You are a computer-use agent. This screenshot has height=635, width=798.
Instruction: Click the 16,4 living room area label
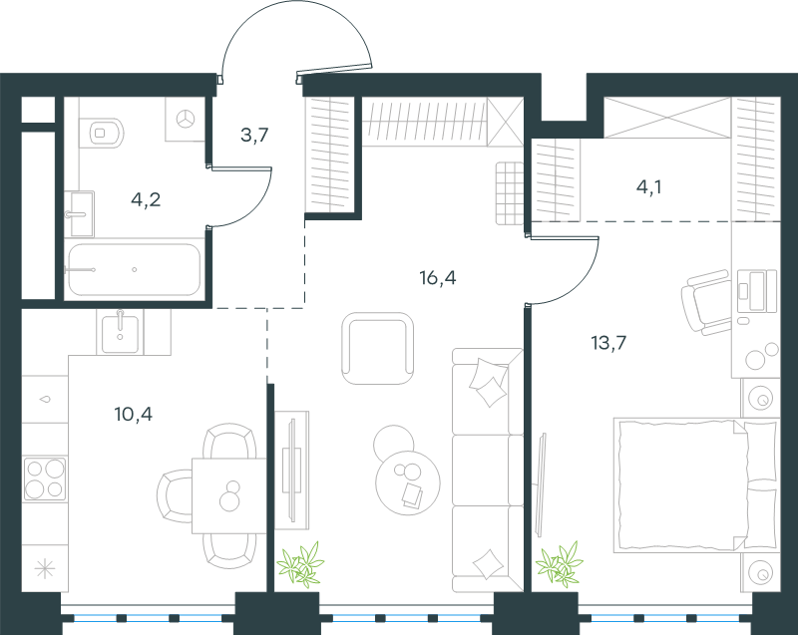pos(438,277)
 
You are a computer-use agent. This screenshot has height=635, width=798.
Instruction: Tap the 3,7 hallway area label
pos(254,135)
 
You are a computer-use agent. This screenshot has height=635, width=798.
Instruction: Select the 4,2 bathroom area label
pos(146,199)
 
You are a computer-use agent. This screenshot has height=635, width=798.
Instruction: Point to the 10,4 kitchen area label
pos(134,414)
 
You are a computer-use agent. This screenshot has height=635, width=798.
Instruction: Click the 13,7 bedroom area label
pos(608,343)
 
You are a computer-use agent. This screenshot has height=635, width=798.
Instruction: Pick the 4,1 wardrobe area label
pos(649,187)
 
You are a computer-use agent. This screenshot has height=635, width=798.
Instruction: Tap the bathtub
pos(134,269)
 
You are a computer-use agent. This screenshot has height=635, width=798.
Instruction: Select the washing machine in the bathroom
pos(185,120)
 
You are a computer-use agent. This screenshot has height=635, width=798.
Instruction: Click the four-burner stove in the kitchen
pos(45,478)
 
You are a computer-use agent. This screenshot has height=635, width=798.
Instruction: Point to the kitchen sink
pos(120,334)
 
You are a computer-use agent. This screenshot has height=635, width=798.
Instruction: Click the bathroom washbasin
pos(82,214)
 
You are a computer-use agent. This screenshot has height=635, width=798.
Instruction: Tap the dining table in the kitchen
pos(229,495)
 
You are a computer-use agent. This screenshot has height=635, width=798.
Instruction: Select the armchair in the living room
pos(378,349)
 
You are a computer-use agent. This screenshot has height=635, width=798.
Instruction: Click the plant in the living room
pos(300,564)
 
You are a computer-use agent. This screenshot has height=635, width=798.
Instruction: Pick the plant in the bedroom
pos(560,564)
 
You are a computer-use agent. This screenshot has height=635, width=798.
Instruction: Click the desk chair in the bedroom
pos(707,301)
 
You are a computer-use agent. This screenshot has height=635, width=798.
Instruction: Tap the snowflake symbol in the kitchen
pos(45,568)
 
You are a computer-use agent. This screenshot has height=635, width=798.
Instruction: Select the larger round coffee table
pos(408,483)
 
